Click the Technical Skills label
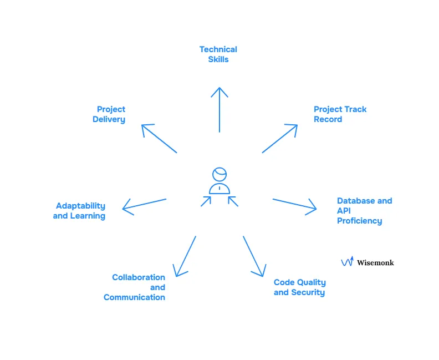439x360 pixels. pos(218,54)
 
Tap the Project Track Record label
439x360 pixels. pos(340,114)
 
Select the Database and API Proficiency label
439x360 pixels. pos(364,211)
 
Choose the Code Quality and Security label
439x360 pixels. pos(299,287)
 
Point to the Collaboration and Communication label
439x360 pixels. pos(135,287)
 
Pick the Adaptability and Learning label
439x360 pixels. pos(79,211)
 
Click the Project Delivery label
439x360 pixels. pos(109,114)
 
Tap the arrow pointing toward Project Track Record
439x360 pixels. pos(280,139)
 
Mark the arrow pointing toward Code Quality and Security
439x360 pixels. pos(253,256)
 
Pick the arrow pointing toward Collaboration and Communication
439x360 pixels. pos(185,256)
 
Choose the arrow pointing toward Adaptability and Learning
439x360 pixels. pos(144,204)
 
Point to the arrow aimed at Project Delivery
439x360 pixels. pos(159,139)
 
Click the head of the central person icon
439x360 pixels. pos(220,174)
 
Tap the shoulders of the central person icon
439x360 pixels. pos(219,189)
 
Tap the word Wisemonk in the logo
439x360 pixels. pos(375,262)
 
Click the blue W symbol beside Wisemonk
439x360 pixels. pos(347,261)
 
